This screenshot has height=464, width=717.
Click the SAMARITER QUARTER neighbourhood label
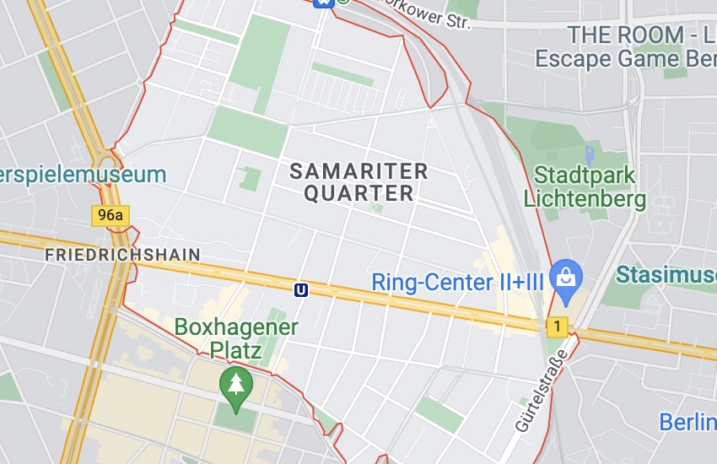point(358,182)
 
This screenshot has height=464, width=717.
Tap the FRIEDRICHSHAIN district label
point(122,255)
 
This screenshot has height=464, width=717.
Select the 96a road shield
point(111,215)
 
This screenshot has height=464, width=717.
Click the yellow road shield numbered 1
point(557,326)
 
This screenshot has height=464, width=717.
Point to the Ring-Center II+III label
point(457,281)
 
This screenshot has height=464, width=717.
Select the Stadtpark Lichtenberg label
point(585,187)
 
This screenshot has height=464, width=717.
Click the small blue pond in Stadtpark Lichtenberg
point(589,155)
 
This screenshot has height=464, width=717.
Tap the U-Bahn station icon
point(300,289)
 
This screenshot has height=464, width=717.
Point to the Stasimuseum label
point(666,275)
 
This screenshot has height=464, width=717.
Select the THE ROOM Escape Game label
point(626,46)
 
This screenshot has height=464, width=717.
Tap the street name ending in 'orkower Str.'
point(426,13)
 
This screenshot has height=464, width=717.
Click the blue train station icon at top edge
point(322,3)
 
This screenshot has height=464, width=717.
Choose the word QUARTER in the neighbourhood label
point(358,194)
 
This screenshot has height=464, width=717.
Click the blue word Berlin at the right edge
point(687,422)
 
